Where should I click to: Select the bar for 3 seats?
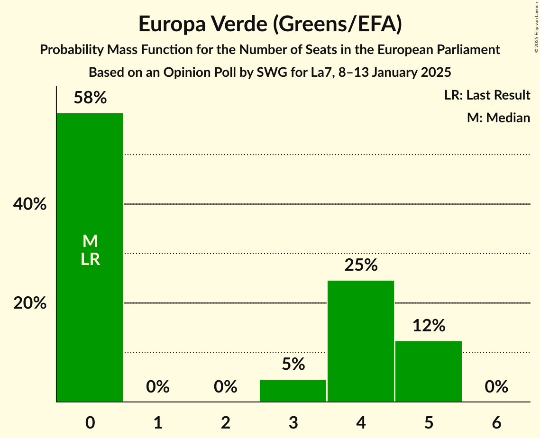[293, 391]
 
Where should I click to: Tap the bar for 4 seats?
[361, 341]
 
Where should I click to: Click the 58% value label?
[90, 98]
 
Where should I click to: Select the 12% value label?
[429, 326]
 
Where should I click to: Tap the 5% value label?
[293, 364]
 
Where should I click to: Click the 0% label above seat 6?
[496, 387]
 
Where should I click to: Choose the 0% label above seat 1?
[158, 387]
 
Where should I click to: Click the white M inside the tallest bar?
[90, 241]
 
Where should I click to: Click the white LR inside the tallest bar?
[90, 259]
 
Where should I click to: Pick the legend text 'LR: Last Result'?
[487, 95]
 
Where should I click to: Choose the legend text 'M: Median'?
[498, 118]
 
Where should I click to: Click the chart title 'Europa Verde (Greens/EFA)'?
[270, 24]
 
